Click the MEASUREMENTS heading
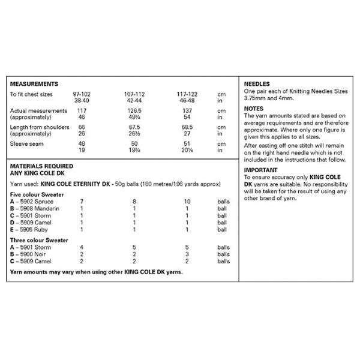[34, 84]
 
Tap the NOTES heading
[254, 108]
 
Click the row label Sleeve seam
[26, 145]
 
